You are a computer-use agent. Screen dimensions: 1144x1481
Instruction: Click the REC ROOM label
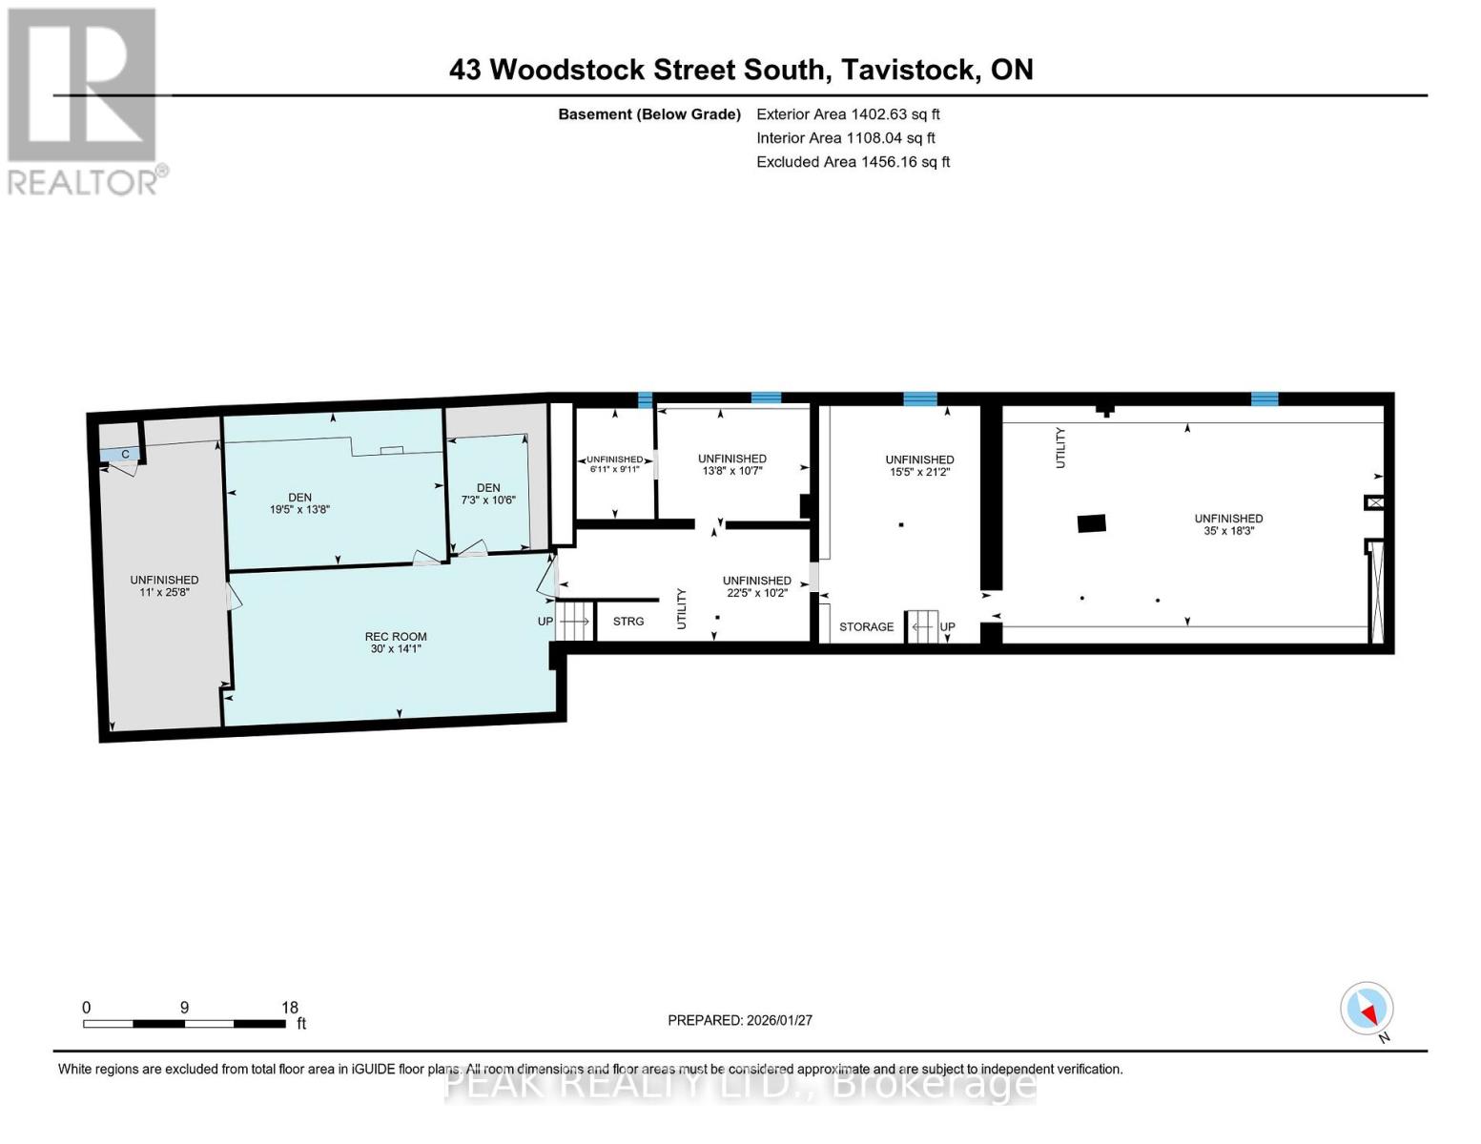click(395, 636)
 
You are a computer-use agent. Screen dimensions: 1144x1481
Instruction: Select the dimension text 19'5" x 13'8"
click(299, 509)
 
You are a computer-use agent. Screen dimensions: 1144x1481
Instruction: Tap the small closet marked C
click(124, 455)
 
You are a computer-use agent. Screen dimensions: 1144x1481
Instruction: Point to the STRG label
click(627, 622)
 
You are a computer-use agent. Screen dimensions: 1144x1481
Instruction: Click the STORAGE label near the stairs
click(866, 626)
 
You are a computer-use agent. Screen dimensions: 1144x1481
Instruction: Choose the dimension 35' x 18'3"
click(1228, 531)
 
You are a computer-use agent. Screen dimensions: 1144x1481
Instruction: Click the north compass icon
click(1368, 1009)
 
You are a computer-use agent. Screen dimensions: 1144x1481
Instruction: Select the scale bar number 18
click(290, 1008)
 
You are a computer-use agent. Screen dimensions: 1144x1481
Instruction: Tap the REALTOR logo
click(84, 100)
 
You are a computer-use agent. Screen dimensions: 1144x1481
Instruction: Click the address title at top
click(741, 70)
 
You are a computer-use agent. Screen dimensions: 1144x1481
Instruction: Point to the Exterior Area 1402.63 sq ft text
click(848, 113)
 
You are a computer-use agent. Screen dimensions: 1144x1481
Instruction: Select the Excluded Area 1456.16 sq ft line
click(853, 162)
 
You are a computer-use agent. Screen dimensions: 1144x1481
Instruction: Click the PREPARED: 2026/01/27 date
click(740, 1020)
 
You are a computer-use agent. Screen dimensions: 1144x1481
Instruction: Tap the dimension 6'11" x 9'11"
click(614, 469)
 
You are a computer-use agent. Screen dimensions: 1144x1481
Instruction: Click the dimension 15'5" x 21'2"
click(919, 472)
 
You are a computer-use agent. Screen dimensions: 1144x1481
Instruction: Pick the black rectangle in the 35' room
click(1091, 523)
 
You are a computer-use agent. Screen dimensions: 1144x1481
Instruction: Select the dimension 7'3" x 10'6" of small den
click(488, 500)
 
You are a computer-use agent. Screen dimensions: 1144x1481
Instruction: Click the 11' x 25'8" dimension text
click(164, 592)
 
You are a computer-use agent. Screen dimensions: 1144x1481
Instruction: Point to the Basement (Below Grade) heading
click(649, 114)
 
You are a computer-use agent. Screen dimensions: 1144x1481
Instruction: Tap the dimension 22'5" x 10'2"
click(756, 592)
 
